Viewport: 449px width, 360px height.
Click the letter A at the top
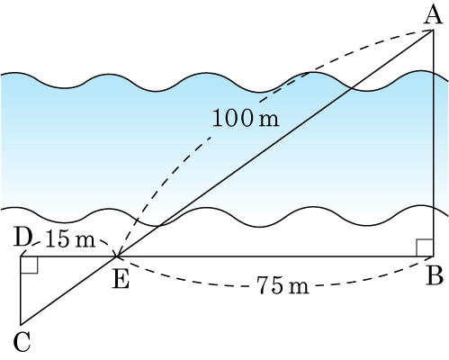click(x=434, y=15)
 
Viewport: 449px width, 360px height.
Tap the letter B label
click(x=435, y=275)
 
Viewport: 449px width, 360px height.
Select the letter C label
click(x=22, y=342)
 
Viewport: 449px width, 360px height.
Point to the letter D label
click(x=23, y=238)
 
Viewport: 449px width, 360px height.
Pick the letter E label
click(x=121, y=280)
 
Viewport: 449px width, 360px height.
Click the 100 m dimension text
click(x=246, y=118)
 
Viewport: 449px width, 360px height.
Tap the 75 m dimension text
click(x=283, y=285)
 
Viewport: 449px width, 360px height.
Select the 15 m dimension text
click(x=70, y=240)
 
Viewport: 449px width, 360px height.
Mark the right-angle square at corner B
click(x=425, y=247)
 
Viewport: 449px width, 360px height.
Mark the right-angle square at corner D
click(x=29, y=265)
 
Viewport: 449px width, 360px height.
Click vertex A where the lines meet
click(x=433, y=30)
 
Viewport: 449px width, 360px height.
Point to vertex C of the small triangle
click(x=21, y=325)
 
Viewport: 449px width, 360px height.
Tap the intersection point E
click(x=116, y=256)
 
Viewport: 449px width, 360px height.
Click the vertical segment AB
click(x=433, y=143)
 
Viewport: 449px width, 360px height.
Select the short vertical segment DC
click(x=21, y=291)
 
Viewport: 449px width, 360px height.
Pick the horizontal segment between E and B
click(x=274, y=256)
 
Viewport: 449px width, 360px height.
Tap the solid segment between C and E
click(x=68, y=291)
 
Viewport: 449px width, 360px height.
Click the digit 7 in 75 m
click(x=264, y=285)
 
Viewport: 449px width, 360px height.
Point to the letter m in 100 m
click(x=269, y=120)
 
